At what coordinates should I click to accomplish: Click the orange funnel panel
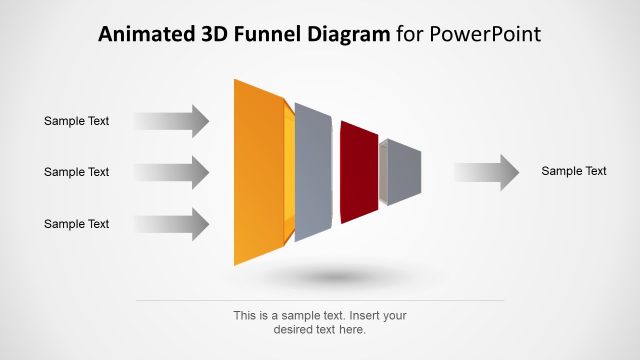[x=258, y=172]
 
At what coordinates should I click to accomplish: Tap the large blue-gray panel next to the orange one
[x=313, y=172]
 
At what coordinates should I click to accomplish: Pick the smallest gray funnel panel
[x=404, y=172]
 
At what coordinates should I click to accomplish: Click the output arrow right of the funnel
[x=486, y=172]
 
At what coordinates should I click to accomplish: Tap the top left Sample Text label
[x=76, y=121]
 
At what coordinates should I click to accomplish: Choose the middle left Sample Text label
[x=76, y=172]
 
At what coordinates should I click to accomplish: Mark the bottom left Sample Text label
[x=76, y=224]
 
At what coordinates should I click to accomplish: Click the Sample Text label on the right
[x=574, y=171]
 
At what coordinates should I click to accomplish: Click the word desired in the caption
[x=294, y=329]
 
